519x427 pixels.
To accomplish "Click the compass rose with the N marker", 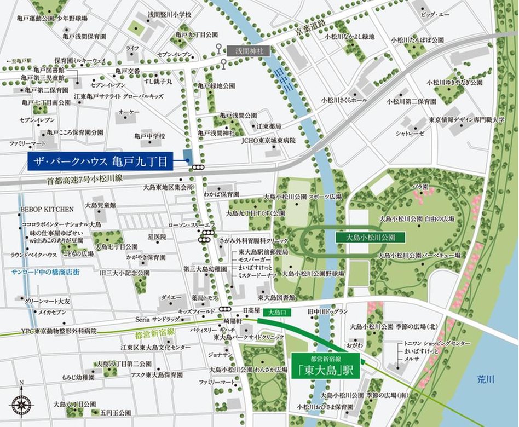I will (x=21, y=404).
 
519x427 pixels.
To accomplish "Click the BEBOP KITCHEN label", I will (x=47, y=209).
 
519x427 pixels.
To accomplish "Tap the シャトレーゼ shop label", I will (x=411, y=132).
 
